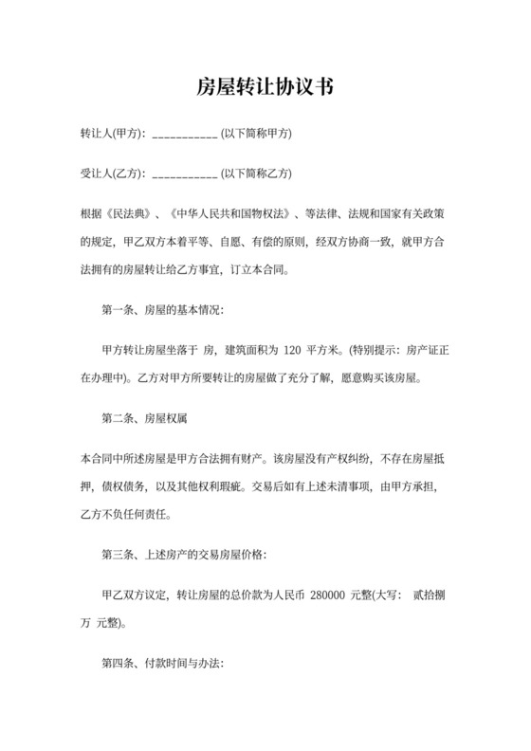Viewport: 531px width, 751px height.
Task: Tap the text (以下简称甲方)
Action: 256,134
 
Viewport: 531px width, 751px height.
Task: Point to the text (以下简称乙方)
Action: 256,174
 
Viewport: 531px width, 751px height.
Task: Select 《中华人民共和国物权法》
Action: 233,213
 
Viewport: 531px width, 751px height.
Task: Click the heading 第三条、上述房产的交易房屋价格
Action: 184,553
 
